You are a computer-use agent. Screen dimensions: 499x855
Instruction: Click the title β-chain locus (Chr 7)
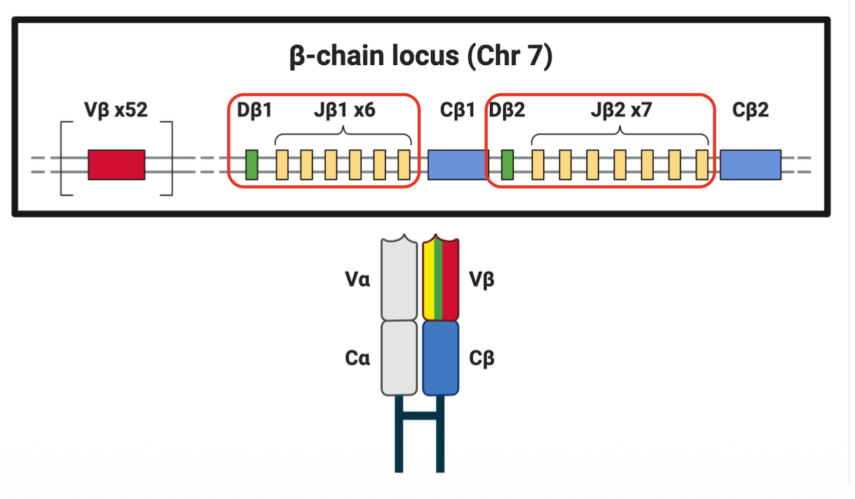[421, 56]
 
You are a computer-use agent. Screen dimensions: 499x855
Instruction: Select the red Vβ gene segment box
[116, 165]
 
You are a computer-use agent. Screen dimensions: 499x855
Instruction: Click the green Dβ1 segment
[252, 165]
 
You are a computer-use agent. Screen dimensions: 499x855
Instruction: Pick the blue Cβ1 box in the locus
[457, 165]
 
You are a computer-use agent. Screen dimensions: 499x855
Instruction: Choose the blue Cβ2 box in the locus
[750, 165]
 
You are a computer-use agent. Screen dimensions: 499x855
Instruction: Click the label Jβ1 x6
[343, 110]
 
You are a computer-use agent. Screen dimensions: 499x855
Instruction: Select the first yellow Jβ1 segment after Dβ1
[282, 165]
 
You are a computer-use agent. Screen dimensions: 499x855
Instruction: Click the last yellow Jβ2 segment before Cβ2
[702, 165]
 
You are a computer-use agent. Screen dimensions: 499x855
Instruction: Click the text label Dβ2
[507, 110]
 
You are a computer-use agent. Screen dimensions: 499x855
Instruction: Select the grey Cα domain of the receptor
[399, 357]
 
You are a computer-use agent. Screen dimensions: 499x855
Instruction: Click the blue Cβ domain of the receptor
[441, 357]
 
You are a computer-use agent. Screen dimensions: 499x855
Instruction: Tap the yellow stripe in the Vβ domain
[429, 280]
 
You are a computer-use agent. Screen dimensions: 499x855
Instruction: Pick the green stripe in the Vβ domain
[438, 280]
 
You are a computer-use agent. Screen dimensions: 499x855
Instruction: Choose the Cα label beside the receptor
[358, 358]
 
